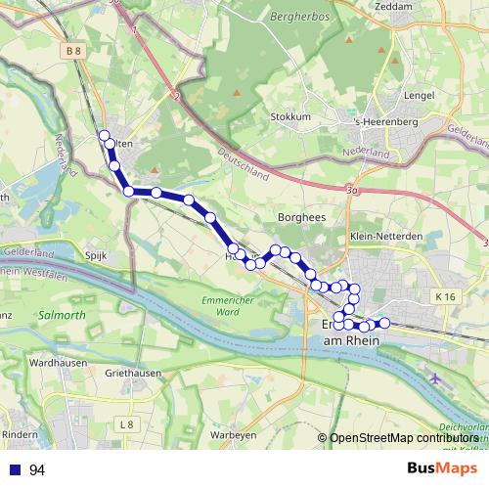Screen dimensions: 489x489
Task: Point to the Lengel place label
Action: coord(418,95)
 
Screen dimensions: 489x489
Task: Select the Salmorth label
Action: coord(63,316)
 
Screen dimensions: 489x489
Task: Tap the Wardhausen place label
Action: coord(54,362)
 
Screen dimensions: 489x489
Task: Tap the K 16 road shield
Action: coord(447,296)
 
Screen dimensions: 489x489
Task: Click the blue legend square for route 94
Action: coord(15,470)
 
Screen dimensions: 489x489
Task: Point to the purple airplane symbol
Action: coord(435,378)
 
